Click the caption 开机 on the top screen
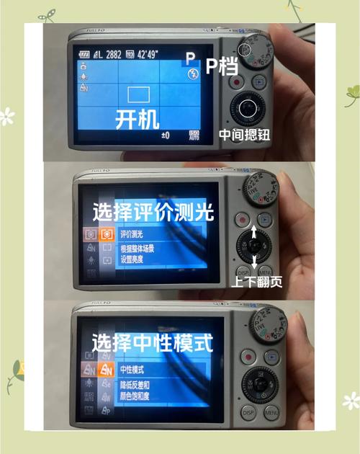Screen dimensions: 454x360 [138, 119]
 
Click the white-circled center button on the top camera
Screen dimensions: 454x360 [247, 110]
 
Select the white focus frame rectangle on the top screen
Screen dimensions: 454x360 [138, 94]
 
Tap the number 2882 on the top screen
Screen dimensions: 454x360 [111, 55]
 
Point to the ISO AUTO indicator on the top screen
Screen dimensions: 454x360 [194, 135]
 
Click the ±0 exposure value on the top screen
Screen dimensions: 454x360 [166, 135]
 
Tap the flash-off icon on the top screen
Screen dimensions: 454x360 [192, 74]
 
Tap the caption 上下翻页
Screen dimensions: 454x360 [257, 281]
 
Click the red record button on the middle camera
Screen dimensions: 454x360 [243, 219]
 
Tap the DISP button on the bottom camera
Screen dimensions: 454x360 [248, 412]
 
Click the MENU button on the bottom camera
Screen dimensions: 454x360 [271, 412]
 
